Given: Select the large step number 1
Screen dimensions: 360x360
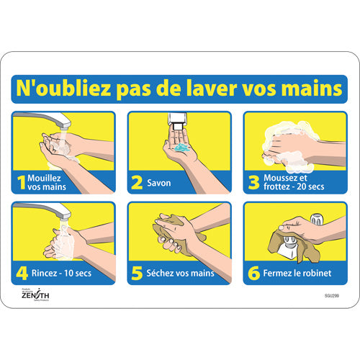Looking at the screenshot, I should coord(22,183).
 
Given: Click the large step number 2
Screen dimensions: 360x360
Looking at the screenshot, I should coord(137,183).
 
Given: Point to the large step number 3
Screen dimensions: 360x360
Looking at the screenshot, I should coord(253,183).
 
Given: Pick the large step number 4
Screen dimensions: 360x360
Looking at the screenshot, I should coord(22,273).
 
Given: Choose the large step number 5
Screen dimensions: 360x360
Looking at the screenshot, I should coord(137,273).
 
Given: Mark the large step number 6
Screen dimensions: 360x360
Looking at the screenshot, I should coord(253,273).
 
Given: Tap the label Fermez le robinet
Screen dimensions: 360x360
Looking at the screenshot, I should coord(295,273).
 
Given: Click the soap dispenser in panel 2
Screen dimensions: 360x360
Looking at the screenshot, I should coord(179,123).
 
